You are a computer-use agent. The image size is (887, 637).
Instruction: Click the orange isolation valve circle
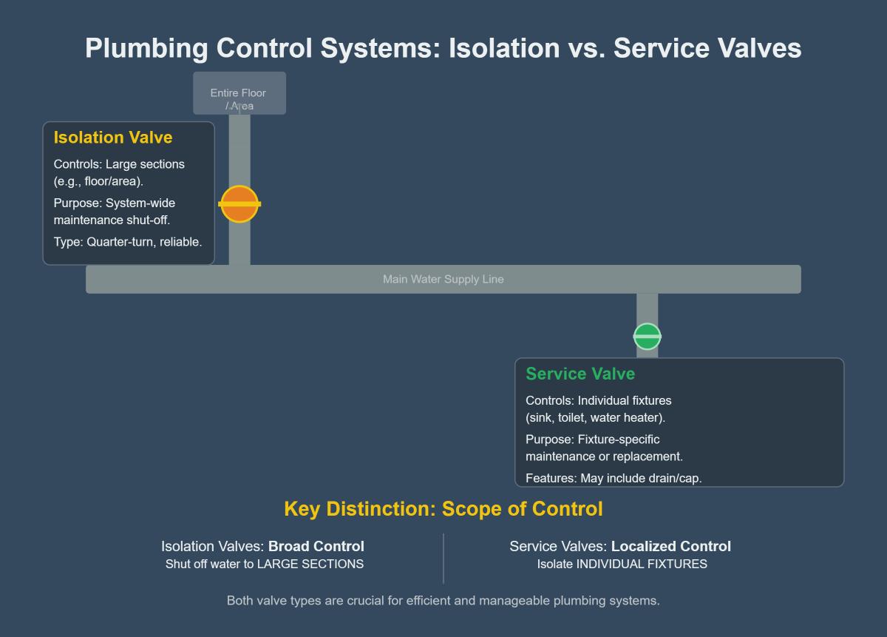click(239, 203)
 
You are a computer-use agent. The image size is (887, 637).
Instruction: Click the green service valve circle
click(647, 337)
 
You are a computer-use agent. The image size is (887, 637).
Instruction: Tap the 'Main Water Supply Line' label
click(443, 280)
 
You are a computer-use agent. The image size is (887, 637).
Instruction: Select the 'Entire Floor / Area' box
click(239, 94)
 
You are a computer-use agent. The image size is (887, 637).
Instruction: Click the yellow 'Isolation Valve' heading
click(112, 138)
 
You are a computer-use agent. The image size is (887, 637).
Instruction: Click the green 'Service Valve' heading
click(580, 374)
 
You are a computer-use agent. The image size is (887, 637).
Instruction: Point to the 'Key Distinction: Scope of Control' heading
click(443, 510)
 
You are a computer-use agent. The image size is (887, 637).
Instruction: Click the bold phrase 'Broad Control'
click(316, 547)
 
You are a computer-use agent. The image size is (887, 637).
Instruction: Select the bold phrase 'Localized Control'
click(670, 547)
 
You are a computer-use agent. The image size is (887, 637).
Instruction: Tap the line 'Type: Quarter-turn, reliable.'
click(127, 242)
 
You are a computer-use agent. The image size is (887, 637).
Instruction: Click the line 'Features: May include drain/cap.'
click(613, 479)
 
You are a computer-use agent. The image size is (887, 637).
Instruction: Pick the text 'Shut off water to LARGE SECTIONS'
click(264, 564)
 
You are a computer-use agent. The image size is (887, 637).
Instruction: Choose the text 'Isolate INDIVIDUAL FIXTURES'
click(622, 564)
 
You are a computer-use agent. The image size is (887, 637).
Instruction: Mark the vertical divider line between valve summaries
click(443, 558)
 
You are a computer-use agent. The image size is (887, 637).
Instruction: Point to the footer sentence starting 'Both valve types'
click(443, 601)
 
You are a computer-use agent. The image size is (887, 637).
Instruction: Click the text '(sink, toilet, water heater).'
click(595, 418)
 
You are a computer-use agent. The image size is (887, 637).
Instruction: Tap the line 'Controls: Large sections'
click(119, 164)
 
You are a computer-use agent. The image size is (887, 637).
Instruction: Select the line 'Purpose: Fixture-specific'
click(592, 439)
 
